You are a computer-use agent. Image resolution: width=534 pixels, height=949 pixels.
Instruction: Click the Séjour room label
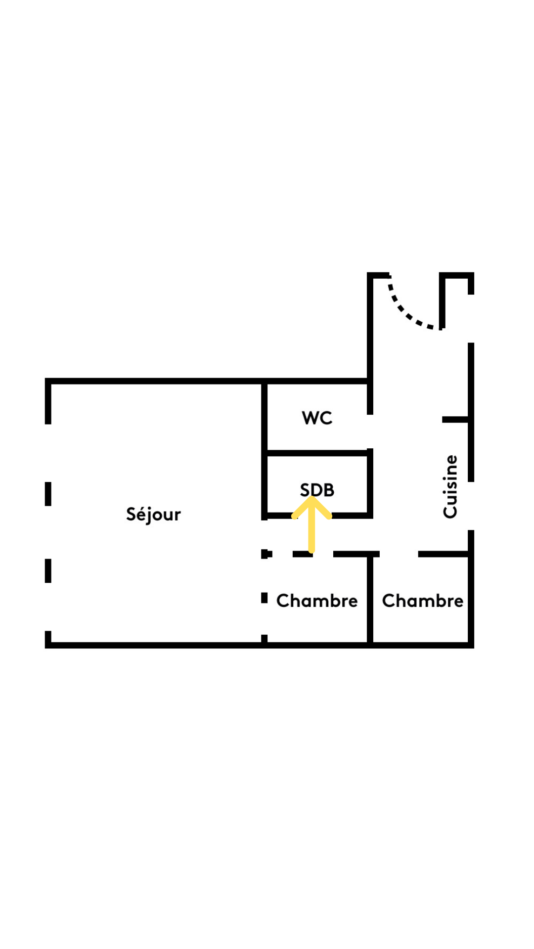[x=153, y=515]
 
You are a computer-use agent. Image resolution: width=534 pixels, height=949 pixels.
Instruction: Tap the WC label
[x=317, y=418]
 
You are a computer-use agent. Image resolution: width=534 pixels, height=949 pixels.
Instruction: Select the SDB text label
[x=317, y=490]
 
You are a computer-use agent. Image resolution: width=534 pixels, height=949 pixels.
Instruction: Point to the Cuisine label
[x=450, y=486]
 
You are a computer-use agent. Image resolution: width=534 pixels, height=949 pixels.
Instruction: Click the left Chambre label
[x=317, y=601]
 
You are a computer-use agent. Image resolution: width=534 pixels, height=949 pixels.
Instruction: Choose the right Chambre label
[x=423, y=601]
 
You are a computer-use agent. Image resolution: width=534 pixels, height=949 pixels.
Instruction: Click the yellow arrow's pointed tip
[x=311, y=498]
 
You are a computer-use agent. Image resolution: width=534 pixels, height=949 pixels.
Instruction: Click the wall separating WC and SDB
[x=317, y=453]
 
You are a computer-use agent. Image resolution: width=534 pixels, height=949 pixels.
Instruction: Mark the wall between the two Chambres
[x=370, y=599]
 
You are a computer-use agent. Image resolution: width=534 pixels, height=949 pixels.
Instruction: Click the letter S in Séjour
[x=131, y=514]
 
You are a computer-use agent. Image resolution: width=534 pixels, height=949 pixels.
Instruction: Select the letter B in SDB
[x=329, y=490]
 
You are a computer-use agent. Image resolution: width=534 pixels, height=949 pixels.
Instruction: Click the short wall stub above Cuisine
[x=455, y=420]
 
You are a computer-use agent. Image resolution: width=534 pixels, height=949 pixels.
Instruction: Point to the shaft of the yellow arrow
[x=311, y=527]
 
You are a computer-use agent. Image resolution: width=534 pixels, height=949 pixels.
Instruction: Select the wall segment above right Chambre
[x=444, y=554]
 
